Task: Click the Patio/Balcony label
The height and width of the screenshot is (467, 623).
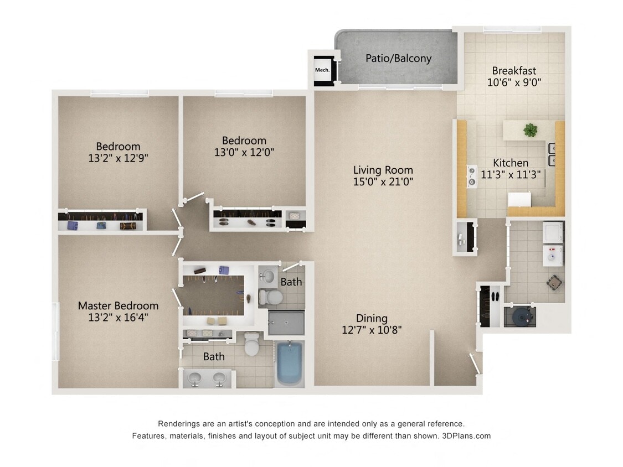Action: click(x=398, y=58)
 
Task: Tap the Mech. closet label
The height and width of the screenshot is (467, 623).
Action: click(x=322, y=70)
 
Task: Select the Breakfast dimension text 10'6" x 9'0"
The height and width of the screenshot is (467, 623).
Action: click(x=514, y=83)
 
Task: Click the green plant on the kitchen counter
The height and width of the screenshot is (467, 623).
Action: click(x=531, y=130)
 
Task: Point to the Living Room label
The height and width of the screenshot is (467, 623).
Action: click(x=383, y=170)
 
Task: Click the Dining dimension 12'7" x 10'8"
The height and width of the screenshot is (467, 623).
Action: click(x=371, y=330)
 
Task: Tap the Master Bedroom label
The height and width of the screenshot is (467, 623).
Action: click(x=118, y=305)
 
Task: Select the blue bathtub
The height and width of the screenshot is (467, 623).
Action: click(x=289, y=364)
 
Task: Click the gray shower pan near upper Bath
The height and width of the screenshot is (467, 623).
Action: click(x=286, y=322)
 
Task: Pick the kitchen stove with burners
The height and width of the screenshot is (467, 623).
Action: click(x=472, y=176)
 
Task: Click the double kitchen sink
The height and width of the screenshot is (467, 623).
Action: click(x=552, y=154)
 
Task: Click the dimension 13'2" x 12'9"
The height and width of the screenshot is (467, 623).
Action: click(x=118, y=158)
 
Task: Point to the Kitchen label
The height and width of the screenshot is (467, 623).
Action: click(x=511, y=163)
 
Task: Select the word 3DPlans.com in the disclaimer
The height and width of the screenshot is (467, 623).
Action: click(x=466, y=436)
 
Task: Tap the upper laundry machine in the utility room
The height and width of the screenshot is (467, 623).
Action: click(x=552, y=232)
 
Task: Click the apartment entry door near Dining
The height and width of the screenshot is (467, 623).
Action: click(x=474, y=364)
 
